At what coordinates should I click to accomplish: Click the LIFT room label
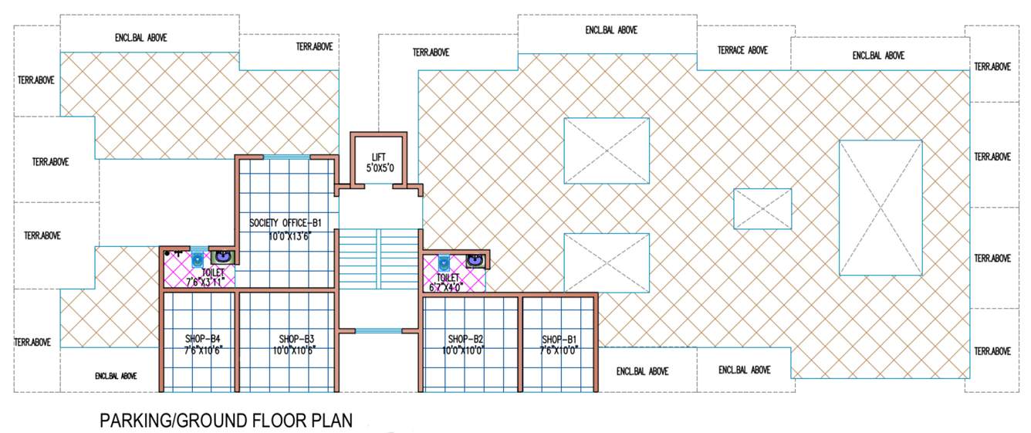pyautogui.click(x=378, y=157)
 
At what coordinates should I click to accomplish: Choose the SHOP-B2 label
pyautogui.click(x=465, y=339)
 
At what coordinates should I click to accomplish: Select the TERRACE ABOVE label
pyautogui.click(x=742, y=50)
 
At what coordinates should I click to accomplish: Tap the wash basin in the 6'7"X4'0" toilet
pyautogui.click(x=475, y=261)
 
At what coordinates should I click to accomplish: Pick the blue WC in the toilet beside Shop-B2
pyautogui.click(x=444, y=262)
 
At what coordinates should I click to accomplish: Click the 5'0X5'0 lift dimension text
pyautogui.click(x=378, y=168)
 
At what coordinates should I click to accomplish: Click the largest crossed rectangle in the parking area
pyautogui.click(x=880, y=208)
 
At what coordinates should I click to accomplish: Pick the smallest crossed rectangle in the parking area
pyautogui.click(x=762, y=208)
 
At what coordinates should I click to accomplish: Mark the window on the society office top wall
pyautogui.click(x=286, y=157)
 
